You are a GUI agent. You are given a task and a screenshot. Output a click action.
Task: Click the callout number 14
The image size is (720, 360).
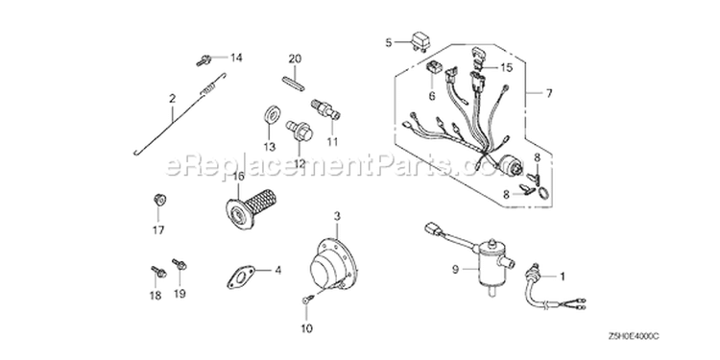(236, 58)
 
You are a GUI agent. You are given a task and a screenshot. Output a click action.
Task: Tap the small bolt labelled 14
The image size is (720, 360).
(203, 60)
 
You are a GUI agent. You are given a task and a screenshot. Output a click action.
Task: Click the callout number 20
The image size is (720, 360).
(295, 59)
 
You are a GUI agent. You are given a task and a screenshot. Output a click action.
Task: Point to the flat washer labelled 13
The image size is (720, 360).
(273, 114)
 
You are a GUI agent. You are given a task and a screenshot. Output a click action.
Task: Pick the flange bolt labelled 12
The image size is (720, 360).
(299, 130)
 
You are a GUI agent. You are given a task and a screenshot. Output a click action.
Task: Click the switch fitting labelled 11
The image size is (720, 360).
(326, 109)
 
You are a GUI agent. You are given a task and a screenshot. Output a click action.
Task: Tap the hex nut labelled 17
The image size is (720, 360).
(158, 201)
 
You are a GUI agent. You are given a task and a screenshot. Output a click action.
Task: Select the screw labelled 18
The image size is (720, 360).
(158, 272)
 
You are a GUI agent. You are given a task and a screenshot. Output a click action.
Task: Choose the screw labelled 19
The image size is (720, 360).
(180, 264)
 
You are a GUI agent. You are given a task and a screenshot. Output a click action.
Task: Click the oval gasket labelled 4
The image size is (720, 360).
(242, 276)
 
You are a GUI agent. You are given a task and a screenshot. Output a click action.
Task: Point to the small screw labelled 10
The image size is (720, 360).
(307, 300)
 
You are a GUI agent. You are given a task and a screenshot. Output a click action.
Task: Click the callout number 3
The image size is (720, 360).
(337, 216)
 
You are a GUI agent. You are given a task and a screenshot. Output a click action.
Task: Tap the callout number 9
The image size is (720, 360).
(455, 271)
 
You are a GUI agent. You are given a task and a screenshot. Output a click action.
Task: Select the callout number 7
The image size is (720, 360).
(548, 94)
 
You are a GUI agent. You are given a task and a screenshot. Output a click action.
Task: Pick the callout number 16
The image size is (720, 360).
(237, 176)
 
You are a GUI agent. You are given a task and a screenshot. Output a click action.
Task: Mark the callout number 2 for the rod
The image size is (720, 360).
(172, 98)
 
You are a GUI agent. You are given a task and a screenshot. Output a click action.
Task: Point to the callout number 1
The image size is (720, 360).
(562, 276)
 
